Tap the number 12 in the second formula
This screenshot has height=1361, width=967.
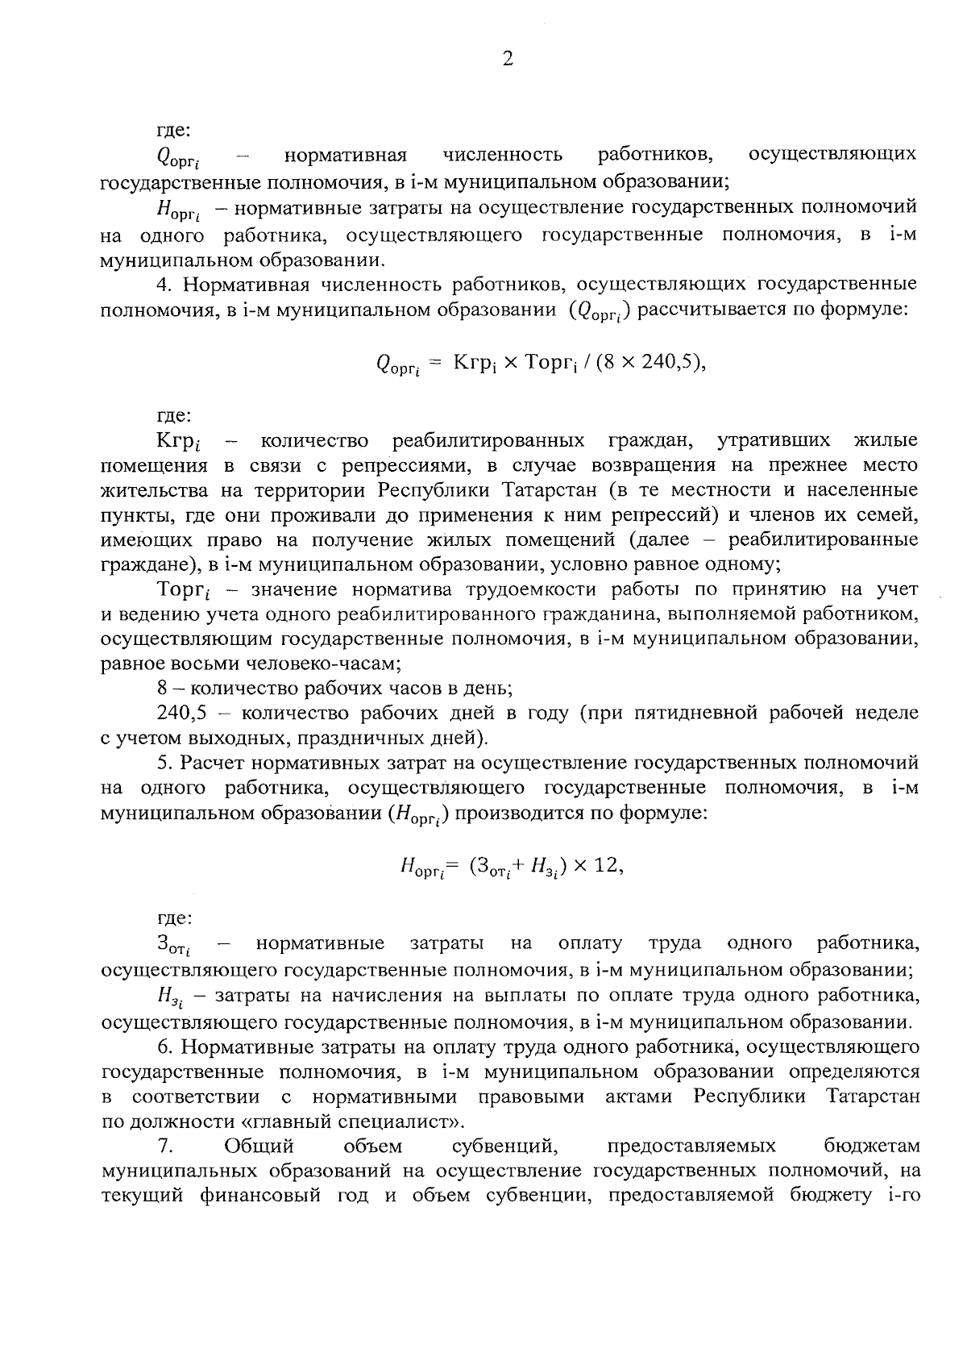608,865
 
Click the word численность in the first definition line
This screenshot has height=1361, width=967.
503,153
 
